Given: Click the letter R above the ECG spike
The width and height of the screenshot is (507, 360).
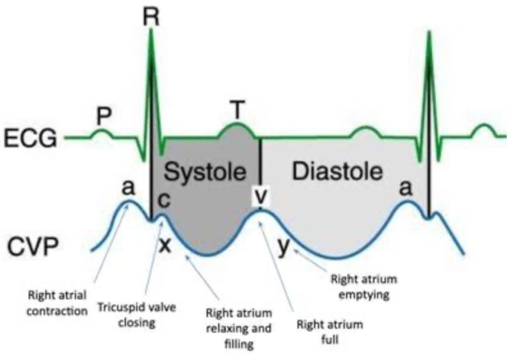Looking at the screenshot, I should click(151, 16).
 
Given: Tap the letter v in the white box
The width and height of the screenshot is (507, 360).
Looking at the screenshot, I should click(261, 195).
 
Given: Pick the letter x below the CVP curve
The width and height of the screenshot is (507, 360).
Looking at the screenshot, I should click(164, 243).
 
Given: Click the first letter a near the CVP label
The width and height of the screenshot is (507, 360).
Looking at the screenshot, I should click(128, 187).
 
